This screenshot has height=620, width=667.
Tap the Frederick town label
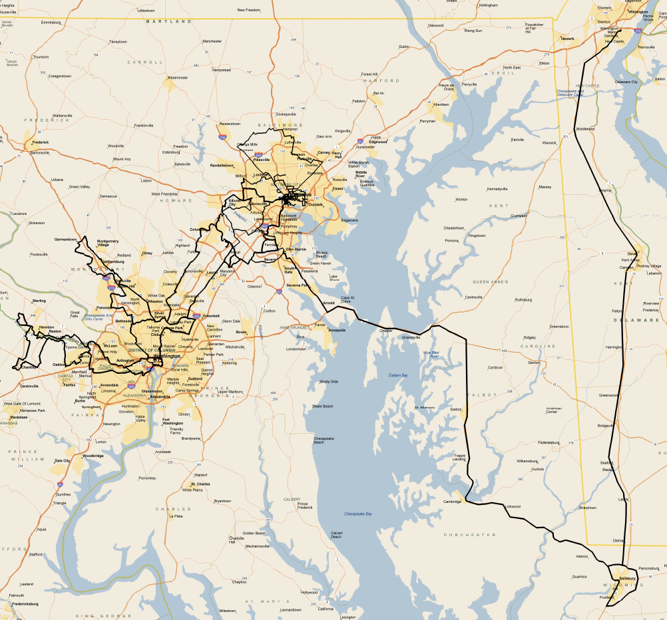[x=40, y=142]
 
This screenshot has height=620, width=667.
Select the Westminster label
[x=178, y=78]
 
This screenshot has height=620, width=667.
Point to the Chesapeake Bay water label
[x=358, y=514]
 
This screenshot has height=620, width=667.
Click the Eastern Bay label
[x=398, y=376]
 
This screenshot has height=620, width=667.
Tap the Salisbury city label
[x=628, y=579]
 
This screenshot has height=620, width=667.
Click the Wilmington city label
[x=638, y=12]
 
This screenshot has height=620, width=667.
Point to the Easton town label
[x=456, y=409]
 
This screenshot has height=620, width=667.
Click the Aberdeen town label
[x=441, y=104]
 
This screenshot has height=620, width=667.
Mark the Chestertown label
[x=453, y=228]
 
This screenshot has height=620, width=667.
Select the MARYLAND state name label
[x=168, y=21]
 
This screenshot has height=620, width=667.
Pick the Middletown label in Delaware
[x=584, y=128]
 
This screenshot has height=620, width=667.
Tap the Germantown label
[x=65, y=239]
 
